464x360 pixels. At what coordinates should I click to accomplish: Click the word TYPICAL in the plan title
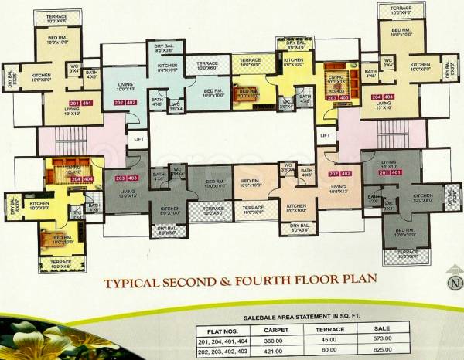(134, 284)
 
